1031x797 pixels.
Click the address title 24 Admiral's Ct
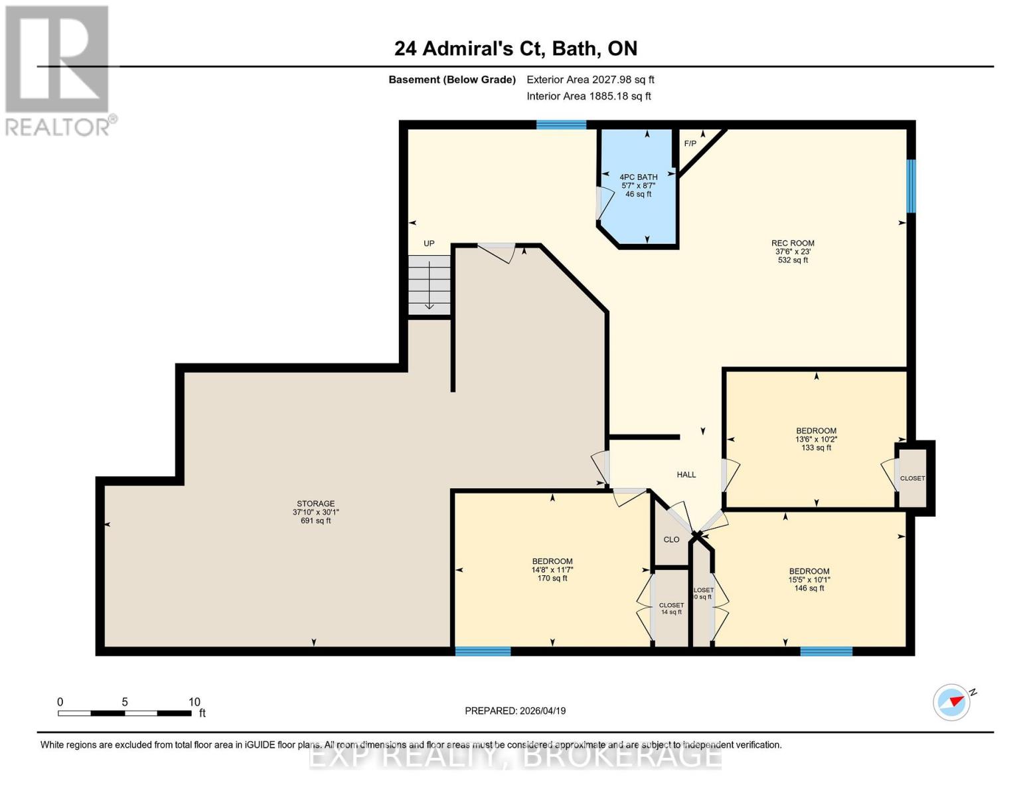(515, 48)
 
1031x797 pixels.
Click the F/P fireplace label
(690, 143)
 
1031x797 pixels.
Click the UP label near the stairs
(429, 243)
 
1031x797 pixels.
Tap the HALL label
(686, 474)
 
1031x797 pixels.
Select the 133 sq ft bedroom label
(816, 439)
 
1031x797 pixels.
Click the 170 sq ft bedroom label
(552, 569)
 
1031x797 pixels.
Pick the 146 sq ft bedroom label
(809, 579)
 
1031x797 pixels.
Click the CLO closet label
(671, 539)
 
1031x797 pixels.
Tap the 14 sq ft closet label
(671, 608)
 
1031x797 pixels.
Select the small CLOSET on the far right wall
(912, 478)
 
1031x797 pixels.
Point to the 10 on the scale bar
(194, 702)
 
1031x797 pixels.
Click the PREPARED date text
(515, 711)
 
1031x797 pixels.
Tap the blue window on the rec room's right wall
(911, 186)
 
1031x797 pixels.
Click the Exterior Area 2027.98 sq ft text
(590, 80)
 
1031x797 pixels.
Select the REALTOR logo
(58, 70)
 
